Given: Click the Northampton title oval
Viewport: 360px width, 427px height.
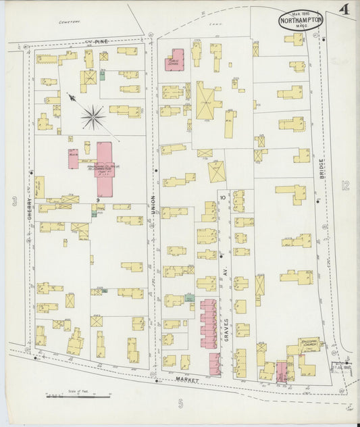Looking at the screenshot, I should (301, 20).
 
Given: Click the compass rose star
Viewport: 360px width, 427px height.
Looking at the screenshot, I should (93, 117).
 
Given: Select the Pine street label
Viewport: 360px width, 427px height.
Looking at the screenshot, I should (100, 42).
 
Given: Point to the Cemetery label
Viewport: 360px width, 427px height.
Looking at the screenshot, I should (69, 22).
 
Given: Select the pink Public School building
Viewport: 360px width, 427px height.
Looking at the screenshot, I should (176, 59).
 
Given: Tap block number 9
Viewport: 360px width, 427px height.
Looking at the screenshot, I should (98, 201).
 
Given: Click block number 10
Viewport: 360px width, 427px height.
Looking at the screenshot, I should (222, 197).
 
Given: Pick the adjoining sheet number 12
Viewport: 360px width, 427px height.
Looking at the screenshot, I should (345, 185).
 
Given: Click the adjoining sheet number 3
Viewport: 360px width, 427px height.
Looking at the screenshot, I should (14, 201).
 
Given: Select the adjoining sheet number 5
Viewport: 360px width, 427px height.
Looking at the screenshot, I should (180, 404).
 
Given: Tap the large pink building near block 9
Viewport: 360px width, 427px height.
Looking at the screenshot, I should (104, 159).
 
